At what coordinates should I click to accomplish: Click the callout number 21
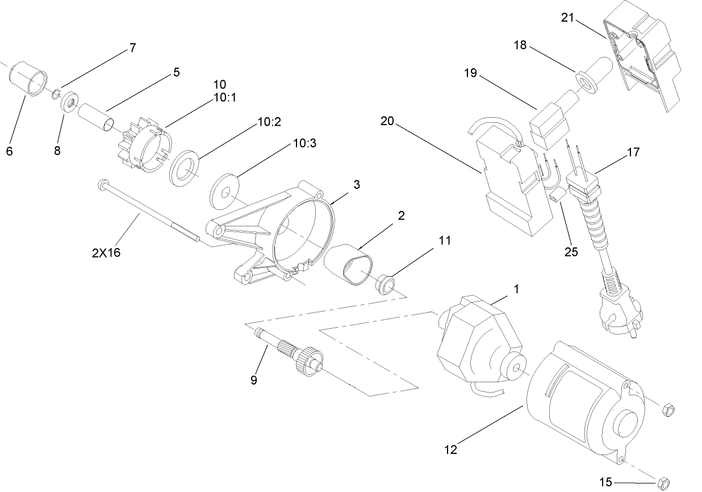569,18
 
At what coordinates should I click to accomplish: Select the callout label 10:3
305,143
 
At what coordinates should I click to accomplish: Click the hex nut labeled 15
662,483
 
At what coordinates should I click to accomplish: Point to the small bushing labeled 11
386,283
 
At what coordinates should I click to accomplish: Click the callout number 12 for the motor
450,449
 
